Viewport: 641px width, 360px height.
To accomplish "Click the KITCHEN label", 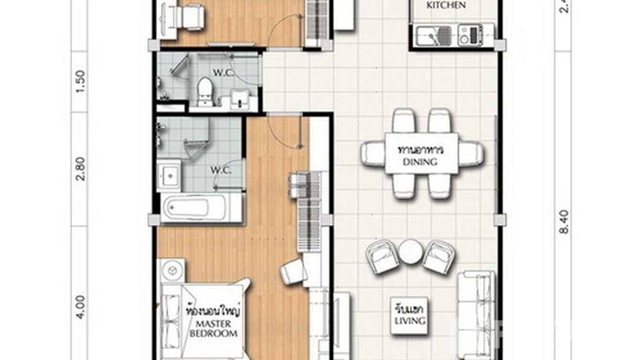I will [x=446, y=5].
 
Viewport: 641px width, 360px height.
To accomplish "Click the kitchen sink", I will [x=438, y=36].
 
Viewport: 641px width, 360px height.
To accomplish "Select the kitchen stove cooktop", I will [x=470, y=36].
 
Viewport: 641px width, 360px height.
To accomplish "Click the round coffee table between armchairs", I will [x=410, y=252].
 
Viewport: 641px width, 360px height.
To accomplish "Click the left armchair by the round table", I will [x=382, y=257].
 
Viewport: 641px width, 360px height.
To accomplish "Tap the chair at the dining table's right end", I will [x=471, y=154].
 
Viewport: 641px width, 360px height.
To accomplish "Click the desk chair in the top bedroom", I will [x=191, y=18].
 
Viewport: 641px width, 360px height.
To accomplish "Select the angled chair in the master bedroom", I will [x=292, y=272].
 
